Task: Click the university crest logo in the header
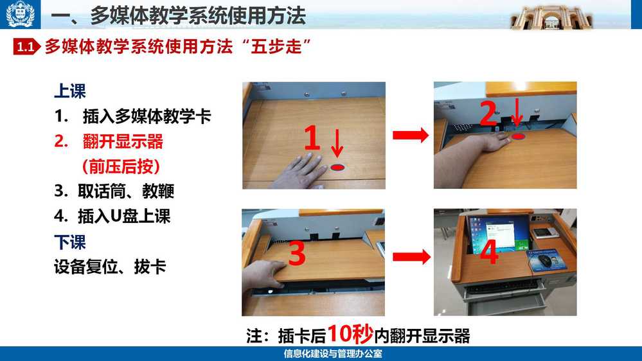tap(20, 14)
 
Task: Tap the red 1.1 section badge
tap(26, 47)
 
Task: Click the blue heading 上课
tap(70, 91)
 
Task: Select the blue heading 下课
tap(70, 242)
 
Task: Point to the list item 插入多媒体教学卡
tap(147, 116)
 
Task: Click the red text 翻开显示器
tap(123, 141)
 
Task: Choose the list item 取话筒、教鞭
tap(126, 191)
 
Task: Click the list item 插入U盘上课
tap(124, 216)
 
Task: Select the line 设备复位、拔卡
tap(110, 267)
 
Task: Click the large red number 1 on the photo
tap(312, 137)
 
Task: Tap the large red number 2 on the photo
tap(488, 112)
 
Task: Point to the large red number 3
tap(298, 252)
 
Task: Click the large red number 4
tap(489, 252)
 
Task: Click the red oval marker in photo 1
tap(337, 168)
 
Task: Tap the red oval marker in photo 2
tap(519, 136)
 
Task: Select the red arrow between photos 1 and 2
tap(410, 135)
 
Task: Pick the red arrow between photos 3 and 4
tap(411, 257)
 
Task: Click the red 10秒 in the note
tap(350, 334)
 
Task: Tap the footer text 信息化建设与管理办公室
tap(333, 354)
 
